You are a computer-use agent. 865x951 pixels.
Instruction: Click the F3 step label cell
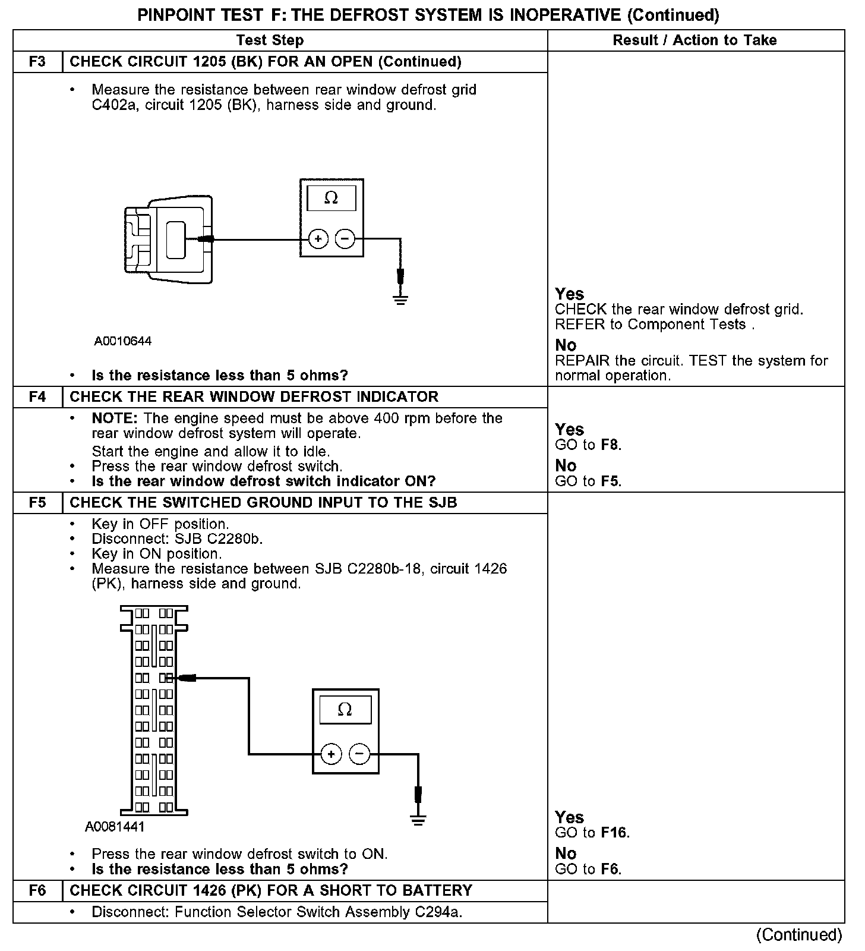tap(37, 62)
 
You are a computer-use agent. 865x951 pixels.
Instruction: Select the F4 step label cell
tap(37, 397)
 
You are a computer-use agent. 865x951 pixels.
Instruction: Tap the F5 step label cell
tap(37, 503)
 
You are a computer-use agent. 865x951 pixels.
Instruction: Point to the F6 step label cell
tap(37, 890)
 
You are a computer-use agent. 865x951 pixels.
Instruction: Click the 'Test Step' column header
tap(270, 40)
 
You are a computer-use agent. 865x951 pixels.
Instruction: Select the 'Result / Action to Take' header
tap(694, 40)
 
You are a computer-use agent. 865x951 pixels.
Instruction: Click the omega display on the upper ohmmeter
tap(332, 198)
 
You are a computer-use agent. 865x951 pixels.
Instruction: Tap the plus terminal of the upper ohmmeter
tap(318, 239)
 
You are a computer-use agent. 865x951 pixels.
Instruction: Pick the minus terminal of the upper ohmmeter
tap(345, 239)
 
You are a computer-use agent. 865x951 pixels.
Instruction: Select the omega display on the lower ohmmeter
tap(345, 709)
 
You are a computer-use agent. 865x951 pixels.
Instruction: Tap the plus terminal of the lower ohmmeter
tap(331, 754)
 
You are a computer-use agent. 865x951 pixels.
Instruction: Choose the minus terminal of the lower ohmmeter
tap(359, 754)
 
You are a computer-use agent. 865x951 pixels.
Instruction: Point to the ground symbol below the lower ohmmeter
tap(418, 820)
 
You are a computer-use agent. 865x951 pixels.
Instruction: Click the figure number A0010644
tap(123, 341)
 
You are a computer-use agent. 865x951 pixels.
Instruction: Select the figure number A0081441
tap(115, 827)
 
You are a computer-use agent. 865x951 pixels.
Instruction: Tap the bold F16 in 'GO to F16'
tap(615, 833)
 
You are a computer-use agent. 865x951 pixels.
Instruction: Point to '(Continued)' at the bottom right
tap(799, 935)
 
